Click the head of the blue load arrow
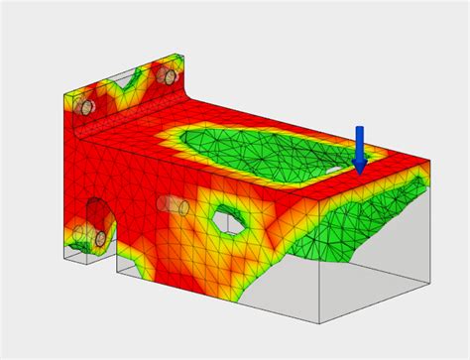360,166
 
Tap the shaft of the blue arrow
359,141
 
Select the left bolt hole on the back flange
87,106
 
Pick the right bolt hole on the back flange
169,76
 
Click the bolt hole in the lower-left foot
101,239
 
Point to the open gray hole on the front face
227,220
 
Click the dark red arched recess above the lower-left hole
97,211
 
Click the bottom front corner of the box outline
318,323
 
